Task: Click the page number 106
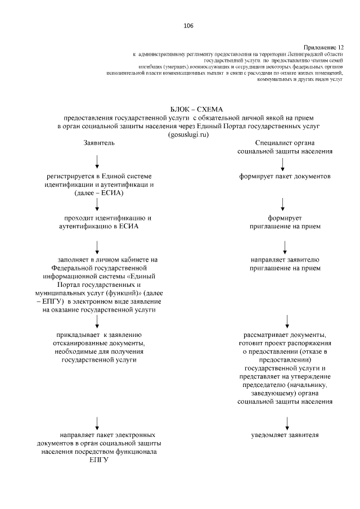tap(188, 26)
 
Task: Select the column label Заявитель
tap(99, 143)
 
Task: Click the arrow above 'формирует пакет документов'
tap(282, 163)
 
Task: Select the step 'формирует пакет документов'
tap(284, 177)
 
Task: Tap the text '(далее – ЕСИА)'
tap(98, 193)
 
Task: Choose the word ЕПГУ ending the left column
tap(98, 460)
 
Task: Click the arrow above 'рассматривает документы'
tap(287, 321)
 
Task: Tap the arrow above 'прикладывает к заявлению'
tap(98, 321)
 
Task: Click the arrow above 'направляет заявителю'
tap(285, 246)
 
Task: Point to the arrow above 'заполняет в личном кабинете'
tap(98, 246)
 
